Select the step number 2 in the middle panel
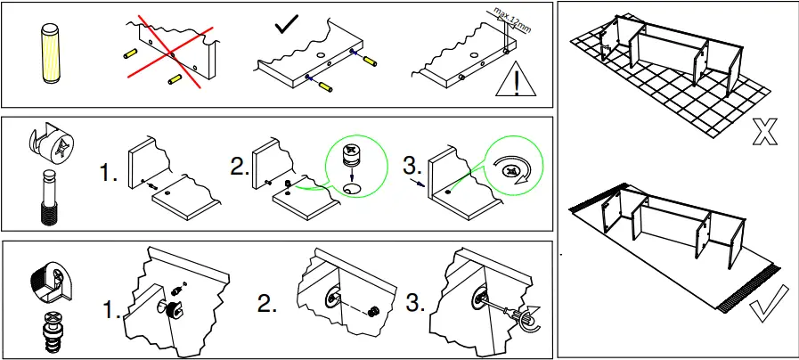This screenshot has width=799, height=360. point(240,167)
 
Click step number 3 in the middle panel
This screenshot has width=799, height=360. point(412,167)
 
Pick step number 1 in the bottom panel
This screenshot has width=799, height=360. point(111,313)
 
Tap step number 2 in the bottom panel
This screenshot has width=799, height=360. point(267,303)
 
